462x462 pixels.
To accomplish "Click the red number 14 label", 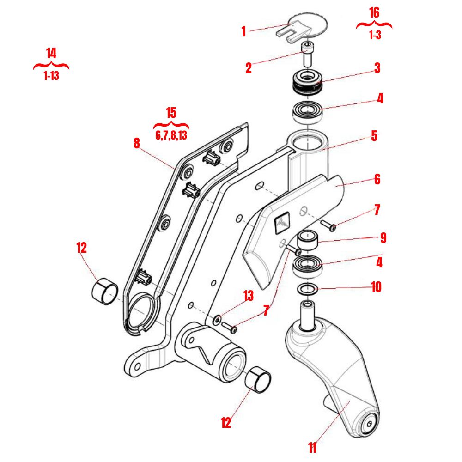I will [51, 53].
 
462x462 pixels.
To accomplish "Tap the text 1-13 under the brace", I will [51, 76].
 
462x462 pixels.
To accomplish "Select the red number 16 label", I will [374, 12].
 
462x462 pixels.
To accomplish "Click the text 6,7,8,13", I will [171, 135].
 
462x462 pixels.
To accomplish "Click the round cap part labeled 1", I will [308, 26].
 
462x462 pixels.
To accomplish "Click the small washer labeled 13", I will [217, 319].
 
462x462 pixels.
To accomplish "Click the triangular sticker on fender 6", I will [282, 222].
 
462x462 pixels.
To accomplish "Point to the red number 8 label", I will [136, 143].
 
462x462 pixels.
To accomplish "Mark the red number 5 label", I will [374, 136].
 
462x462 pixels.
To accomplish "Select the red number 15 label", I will [171, 113].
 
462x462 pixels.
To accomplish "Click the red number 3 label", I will [377, 68].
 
